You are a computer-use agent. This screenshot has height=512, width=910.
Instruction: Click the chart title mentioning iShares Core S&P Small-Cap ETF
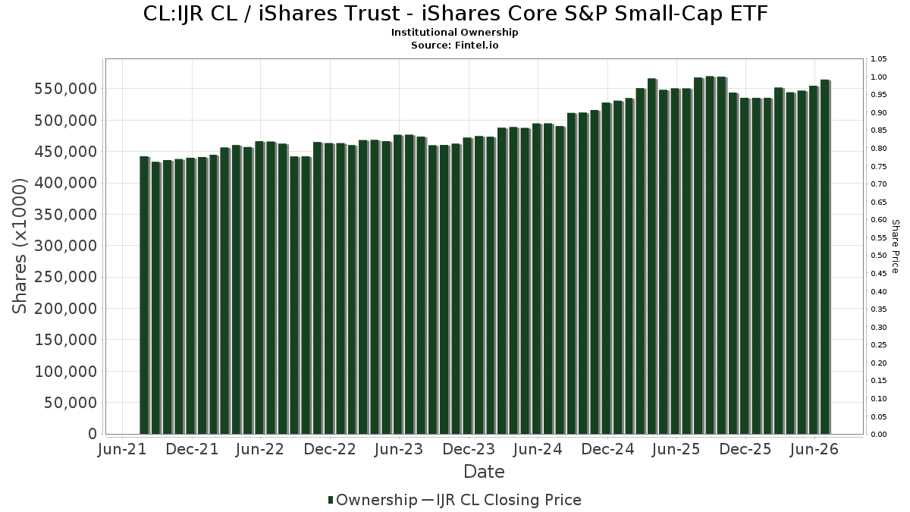pyautogui.click(x=455, y=14)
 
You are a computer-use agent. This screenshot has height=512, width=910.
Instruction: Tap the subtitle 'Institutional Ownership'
pyautogui.click(x=454, y=33)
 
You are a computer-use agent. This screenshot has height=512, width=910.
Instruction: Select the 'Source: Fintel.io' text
pyautogui.click(x=454, y=45)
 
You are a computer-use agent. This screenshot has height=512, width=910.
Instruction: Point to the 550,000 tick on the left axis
pyautogui.click(x=66, y=89)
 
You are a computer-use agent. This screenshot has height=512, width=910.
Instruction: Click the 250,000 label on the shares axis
pyautogui.click(x=66, y=277)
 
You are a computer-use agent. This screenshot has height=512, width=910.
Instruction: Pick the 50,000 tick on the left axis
pyautogui.click(x=71, y=403)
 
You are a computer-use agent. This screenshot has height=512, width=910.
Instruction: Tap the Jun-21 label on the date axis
pyautogui.click(x=122, y=449)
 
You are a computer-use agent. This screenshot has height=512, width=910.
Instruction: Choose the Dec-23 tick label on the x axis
pyautogui.click(x=469, y=449)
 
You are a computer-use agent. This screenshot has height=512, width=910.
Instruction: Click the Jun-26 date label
pyautogui.click(x=814, y=449)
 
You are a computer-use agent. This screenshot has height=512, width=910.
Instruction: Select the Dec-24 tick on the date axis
pyautogui.click(x=607, y=449)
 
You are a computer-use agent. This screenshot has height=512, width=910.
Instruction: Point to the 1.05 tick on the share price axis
pyautogui.click(x=878, y=59)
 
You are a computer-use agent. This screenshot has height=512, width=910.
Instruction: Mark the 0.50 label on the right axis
pyautogui.click(x=878, y=256)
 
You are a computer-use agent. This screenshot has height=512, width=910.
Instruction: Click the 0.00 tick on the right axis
pyautogui.click(x=878, y=435)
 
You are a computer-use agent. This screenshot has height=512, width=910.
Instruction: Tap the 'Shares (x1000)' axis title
pyautogui.click(x=19, y=247)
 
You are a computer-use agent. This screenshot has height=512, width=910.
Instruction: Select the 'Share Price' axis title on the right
pyautogui.click(x=895, y=247)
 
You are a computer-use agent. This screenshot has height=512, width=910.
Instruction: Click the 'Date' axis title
pyautogui.click(x=484, y=472)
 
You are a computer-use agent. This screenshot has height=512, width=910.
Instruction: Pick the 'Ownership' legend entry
pyautogui.click(x=372, y=500)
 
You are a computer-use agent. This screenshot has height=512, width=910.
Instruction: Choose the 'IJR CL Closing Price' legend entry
pyautogui.click(x=502, y=500)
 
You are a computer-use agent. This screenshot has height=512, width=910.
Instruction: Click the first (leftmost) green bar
pyautogui.click(x=144, y=295)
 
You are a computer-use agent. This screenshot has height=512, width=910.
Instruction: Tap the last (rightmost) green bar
pyautogui.click(x=825, y=257)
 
